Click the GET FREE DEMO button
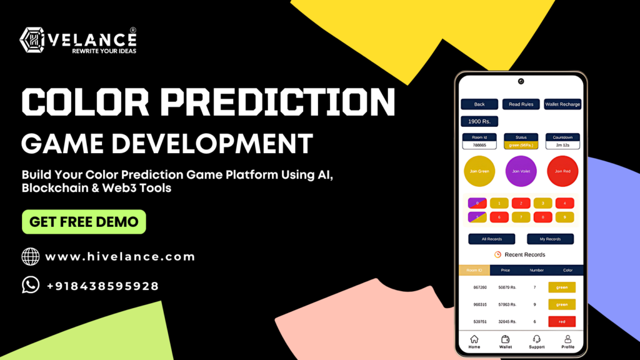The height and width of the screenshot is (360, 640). pyautogui.click(x=84, y=222)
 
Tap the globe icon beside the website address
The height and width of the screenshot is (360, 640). pyautogui.click(x=31, y=256)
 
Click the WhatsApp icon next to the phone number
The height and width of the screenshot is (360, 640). pyautogui.click(x=31, y=285)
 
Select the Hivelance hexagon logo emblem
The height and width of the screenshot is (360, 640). pyautogui.click(x=32, y=41)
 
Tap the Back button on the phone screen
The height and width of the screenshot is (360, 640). pyautogui.click(x=479, y=104)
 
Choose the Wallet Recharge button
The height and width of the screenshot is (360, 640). pyautogui.click(x=562, y=104)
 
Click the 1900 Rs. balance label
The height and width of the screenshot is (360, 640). pyautogui.click(x=479, y=121)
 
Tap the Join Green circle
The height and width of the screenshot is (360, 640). pyautogui.click(x=479, y=171)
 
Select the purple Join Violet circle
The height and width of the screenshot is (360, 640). pyautogui.click(x=521, y=171)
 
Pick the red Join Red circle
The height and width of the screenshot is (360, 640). pyautogui.click(x=562, y=171)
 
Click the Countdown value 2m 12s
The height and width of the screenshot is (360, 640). pyautogui.click(x=562, y=145)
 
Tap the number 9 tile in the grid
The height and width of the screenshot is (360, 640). pyautogui.click(x=564, y=217)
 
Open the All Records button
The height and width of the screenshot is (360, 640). pyautogui.click(x=492, y=239)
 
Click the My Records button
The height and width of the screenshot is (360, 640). pyautogui.click(x=550, y=239)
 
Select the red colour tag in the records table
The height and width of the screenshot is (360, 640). pyautogui.click(x=562, y=322)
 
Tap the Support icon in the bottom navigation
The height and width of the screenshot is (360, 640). pyautogui.click(x=536, y=339)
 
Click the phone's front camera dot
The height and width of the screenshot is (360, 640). pyautogui.click(x=521, y=81)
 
